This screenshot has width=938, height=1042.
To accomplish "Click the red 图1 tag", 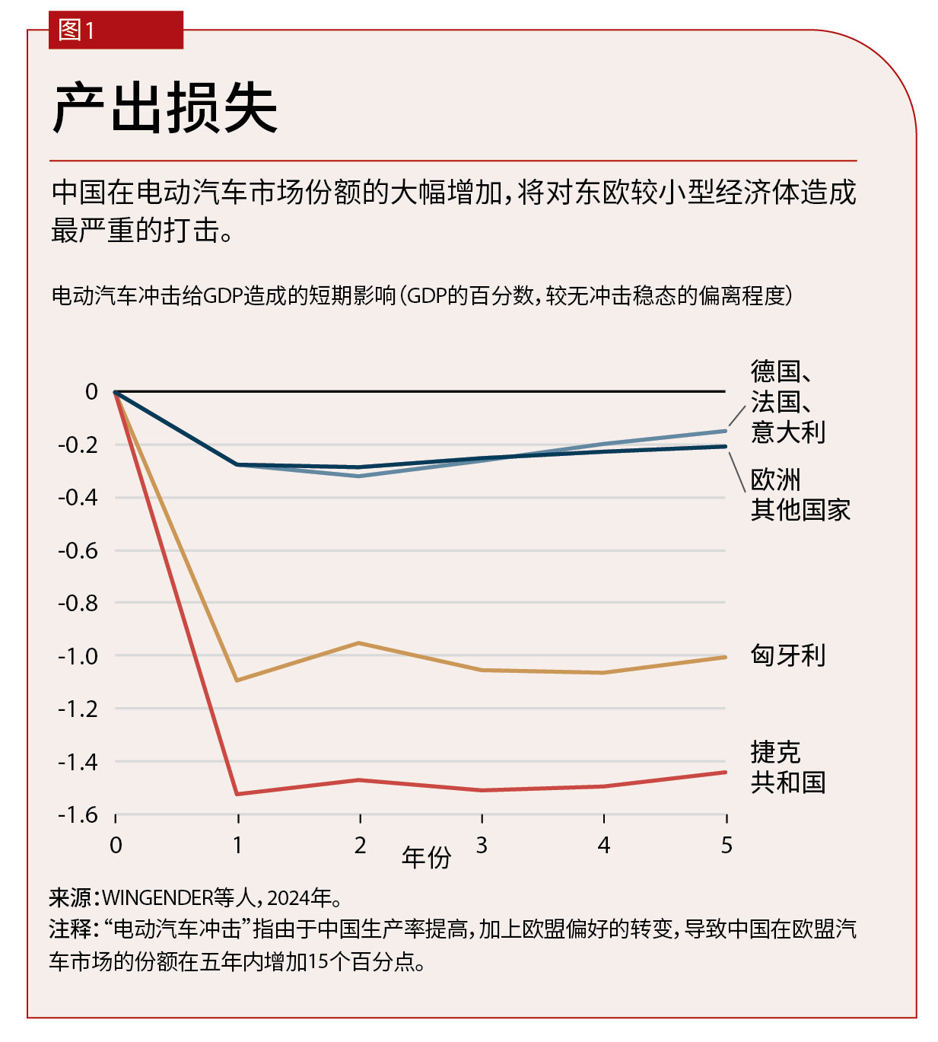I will pos(116,30).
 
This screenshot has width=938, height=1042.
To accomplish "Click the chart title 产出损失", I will pos(165,108).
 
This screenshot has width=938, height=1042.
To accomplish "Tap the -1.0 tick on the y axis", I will pos(78,656).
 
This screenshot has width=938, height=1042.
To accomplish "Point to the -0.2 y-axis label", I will pos(78,445).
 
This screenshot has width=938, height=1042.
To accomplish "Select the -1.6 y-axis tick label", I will pos(78,814).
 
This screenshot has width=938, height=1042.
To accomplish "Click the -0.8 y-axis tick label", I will pos(78,603).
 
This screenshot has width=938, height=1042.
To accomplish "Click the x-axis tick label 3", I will pos(482,845).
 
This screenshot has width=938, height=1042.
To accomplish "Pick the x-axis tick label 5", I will pos(727,845).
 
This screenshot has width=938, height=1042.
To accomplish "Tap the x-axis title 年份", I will pos(426,858).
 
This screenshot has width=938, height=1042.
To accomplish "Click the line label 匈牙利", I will pos(787,655).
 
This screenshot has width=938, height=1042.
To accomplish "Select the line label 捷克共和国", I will pos(787,767).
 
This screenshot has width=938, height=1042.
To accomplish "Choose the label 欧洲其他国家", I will pos(800,495).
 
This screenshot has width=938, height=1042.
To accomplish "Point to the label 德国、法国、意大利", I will pos(787,401).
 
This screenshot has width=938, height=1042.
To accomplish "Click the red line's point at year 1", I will pos(238,794).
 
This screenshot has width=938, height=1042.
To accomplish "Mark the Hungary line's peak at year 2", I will pos(360,643).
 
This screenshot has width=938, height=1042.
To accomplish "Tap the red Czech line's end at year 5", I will pos(726,773).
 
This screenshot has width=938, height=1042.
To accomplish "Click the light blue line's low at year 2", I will pos(360,476).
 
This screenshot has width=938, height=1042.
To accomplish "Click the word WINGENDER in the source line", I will pos(157,898).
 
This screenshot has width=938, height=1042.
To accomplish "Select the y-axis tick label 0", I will pos(91,392).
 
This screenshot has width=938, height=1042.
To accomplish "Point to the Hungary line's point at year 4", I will pos(604,673).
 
